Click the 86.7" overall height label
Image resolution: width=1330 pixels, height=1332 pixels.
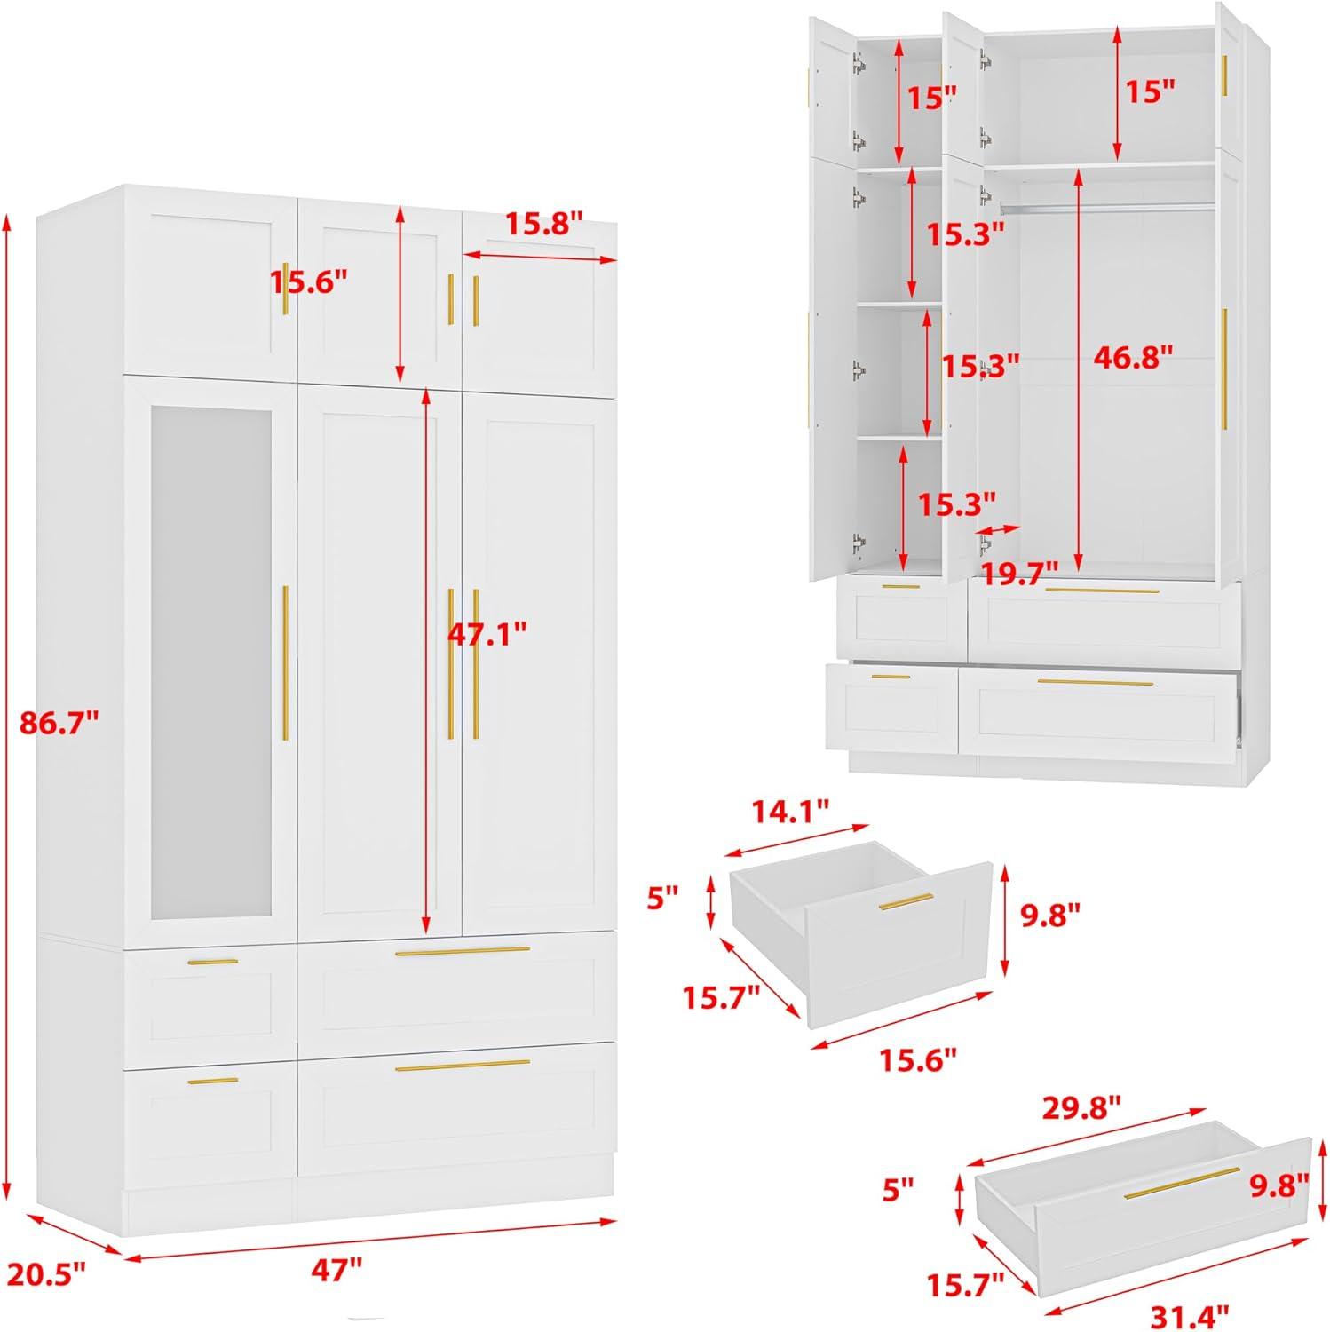[x=58, y=723]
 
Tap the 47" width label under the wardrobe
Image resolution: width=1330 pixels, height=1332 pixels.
[x=336, y=1270]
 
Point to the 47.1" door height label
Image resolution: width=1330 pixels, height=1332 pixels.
[x=486, y=634]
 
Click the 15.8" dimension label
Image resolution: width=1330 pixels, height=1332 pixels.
[x=544, y=223]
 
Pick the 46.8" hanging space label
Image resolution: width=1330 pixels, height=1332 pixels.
[x=1133, y=357]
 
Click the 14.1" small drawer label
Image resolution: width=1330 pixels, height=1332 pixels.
[x=790, y=810]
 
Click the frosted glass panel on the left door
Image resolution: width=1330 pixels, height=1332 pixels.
[x=210, y=663]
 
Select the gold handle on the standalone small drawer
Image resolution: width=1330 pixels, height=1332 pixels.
[x=906, y=900]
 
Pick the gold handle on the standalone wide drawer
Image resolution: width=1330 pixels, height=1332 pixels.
[x=1182, y=1183]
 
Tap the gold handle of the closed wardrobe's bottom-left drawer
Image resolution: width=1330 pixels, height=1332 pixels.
[x=213, y=1081]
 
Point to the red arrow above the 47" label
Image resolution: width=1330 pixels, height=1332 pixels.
[x=369, y=1240]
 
